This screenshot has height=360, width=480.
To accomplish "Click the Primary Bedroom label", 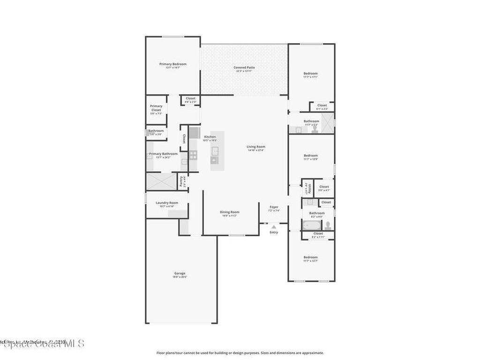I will click(x=172, y=64).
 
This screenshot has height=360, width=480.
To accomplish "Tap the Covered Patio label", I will click(x=244, y=67).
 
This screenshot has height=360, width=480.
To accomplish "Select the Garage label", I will click(x=180, y=273).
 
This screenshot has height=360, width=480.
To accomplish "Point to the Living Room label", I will click(x=256, y=147).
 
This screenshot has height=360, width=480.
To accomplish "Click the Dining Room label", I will click(x=230, y=212).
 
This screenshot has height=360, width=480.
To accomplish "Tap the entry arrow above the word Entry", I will click(x=274, y=227).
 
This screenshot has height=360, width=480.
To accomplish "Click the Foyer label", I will click(x=274, y=207).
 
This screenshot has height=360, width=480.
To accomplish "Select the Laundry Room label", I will click(x=167, y=202).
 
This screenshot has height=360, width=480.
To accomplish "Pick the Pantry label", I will click(x=181, y=181).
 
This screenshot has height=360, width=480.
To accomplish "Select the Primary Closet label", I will click(x=156, y=108).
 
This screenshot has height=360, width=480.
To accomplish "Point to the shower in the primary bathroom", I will click(x=161, y=181).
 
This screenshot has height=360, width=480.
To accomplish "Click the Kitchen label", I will click(x=210, y=137).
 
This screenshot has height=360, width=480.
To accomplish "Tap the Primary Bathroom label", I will click(x=163, y=154).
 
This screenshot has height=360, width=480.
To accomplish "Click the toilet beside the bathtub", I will click(x=328, y=225).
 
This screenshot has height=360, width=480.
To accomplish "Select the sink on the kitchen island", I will click(x=215, y=150).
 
